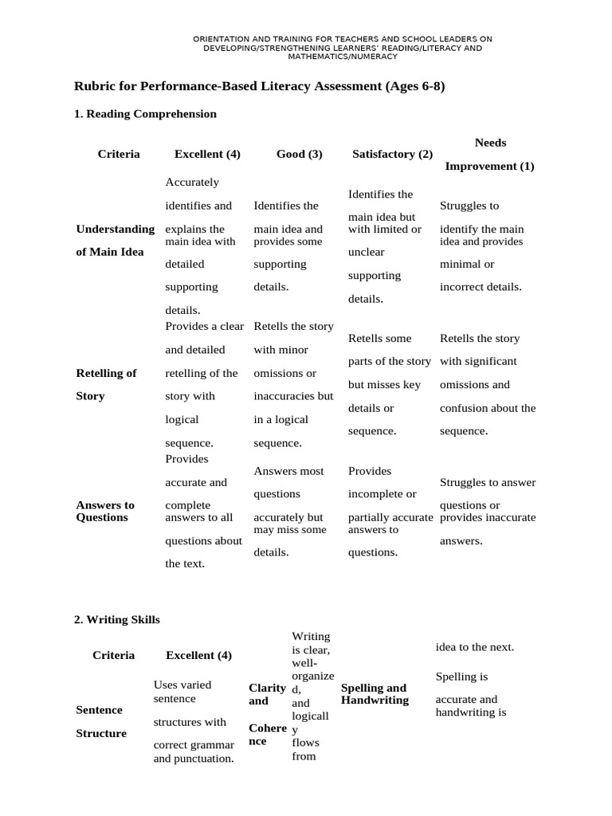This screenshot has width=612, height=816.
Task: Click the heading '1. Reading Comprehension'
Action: pos(145,114)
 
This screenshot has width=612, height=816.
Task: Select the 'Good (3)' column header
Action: pos(299,155)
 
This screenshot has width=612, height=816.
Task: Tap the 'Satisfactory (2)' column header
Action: pos(392,155)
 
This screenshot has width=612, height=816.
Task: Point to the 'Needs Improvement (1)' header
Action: pos(489,155)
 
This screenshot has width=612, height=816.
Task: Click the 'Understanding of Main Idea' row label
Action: pos(115,241)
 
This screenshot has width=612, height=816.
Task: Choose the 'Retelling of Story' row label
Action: pos(106,384)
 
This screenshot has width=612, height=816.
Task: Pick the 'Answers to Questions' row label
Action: pos(105,511)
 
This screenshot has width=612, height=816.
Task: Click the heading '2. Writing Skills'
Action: pos(116,618)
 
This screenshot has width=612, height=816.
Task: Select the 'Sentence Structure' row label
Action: pos(100,721)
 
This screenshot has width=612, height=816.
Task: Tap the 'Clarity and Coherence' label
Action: pos(267,714)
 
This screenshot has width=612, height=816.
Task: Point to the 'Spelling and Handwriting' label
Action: pos(374,693)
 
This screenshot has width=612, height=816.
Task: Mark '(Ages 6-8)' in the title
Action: pos(415,86)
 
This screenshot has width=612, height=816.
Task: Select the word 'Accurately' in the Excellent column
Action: pos(192,182)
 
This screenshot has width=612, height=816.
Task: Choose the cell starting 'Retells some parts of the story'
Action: pos(390,385)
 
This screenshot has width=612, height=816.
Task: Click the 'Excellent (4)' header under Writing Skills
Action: pos(198,655)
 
